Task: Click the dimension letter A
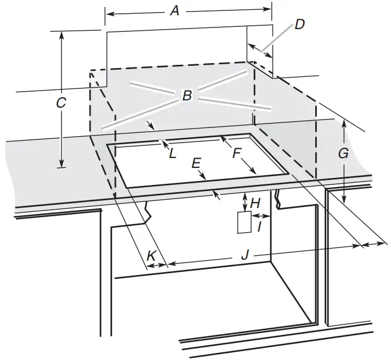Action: (x=175, y=10)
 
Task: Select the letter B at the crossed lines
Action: (x=187, y=97)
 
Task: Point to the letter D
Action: (x=299, y=24)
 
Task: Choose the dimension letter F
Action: (x=237, y=153)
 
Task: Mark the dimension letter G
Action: (x=343, y=154)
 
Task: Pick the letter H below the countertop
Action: (x=255, y=203)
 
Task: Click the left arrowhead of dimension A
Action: (x=108, y=14)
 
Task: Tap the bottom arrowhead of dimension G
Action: (x=344, y=200)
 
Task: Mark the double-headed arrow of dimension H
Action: (x=243, y=203)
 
